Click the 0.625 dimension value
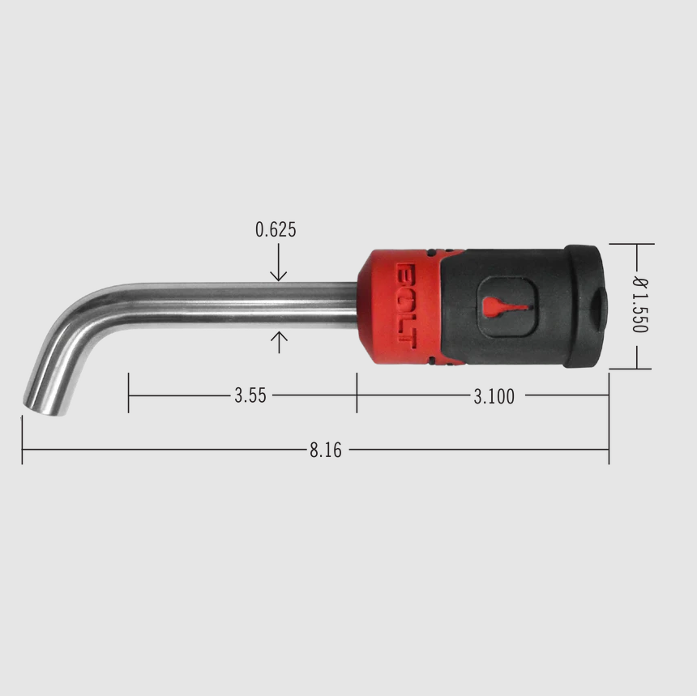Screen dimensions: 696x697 (276, 230)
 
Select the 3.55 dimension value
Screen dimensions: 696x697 (250, 396)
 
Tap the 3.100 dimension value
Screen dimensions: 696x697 (494, 396)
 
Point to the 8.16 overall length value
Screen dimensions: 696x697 (325, 450)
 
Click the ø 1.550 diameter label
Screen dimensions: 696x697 (639, 305)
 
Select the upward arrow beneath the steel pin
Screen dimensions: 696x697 (278, 342)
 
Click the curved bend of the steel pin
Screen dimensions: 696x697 (77, 324)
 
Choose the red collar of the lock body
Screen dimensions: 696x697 (397, 306)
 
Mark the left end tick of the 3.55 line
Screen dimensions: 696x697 (128, 392)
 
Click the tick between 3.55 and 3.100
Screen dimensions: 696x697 (357, 392)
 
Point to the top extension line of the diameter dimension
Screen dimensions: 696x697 (631, 243)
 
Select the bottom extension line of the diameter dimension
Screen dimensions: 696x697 (630, 369)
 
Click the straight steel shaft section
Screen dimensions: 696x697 (243, 305)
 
